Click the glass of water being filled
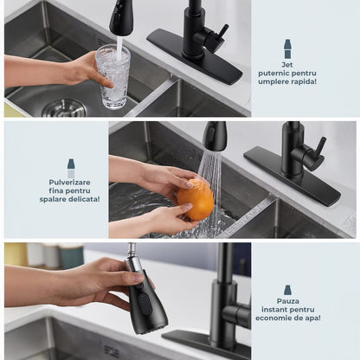(x=112, y=76)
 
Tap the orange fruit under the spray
(x=196, y=199)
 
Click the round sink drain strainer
(x=64, y=108)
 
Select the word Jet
(x=287, y=65)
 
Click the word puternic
(x=273, y=74)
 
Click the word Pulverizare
(x=69, y=183)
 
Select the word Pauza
(x=288, y=301)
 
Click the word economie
(x=273, y=318)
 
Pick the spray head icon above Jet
(x=287, y=49)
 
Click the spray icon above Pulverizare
(x=71, y=169)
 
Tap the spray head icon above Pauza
(x=287, y=290)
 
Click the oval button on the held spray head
(x=145, y=305)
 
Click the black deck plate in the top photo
(x=194, y=56)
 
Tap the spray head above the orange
(x=215, y=136)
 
